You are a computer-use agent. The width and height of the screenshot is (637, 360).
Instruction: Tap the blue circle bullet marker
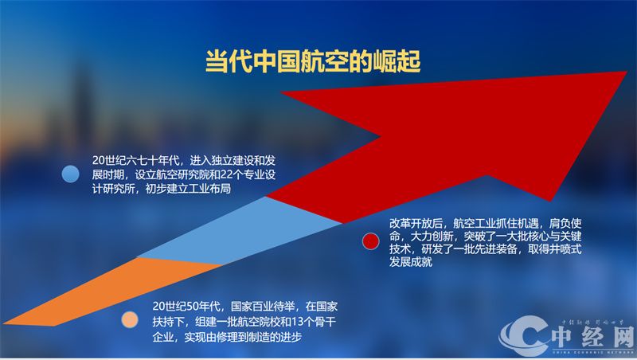point(71,174)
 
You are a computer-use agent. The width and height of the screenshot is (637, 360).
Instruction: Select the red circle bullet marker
point(369,241)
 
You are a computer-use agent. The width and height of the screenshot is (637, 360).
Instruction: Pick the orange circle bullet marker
point(130,321)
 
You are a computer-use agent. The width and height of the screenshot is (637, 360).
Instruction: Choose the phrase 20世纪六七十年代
point(135,159)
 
